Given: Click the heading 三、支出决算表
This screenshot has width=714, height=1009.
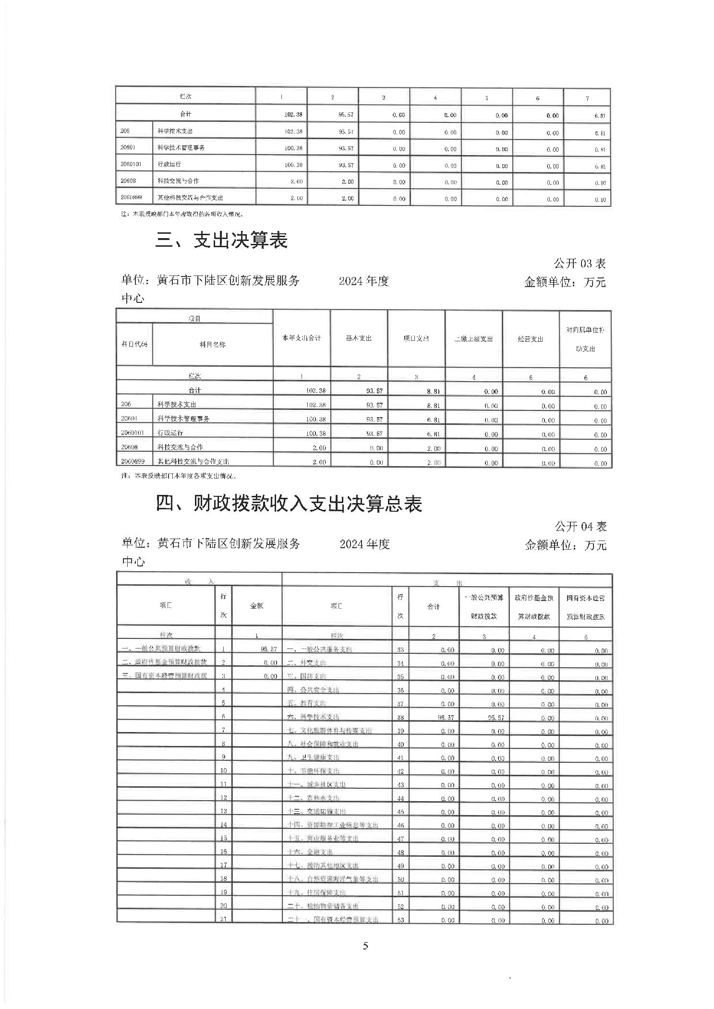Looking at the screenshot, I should (x=221, y=240).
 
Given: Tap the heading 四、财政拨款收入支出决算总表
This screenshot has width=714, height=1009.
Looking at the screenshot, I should (x=289, y=504).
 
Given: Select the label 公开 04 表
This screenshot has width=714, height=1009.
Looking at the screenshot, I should (x=581, y=527).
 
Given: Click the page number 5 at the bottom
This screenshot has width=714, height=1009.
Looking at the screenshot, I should (x=366, y=946).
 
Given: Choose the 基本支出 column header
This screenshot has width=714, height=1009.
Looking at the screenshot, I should (x=359, y=338).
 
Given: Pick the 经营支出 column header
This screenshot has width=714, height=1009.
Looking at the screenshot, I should (x=531, y=339).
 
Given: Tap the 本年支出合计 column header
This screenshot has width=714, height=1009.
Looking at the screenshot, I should (x=302, y=338).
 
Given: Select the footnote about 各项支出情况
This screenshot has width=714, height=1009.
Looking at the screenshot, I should (x=179, y=476).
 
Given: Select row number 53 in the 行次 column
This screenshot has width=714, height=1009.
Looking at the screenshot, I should (x=400, y=920).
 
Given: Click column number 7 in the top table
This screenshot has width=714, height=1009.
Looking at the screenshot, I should (x=587, y=98).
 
